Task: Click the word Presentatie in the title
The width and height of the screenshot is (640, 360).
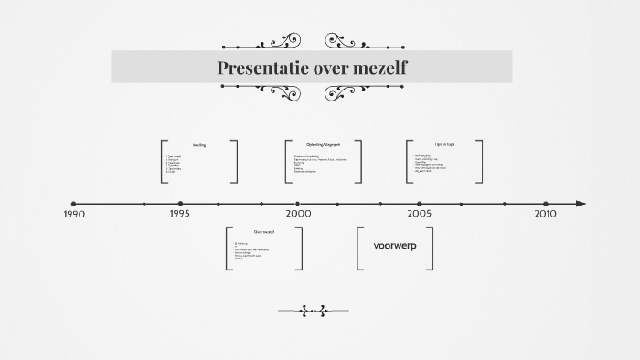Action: pos(259,68)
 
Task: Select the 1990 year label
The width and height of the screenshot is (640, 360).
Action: pos(74,215)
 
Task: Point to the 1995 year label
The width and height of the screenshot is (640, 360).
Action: pos(180,214)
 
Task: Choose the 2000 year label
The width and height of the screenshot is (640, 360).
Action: pos(298,214)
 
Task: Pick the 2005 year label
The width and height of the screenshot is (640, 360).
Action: pos(420,214)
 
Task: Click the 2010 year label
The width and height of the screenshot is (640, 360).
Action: pos(545,214)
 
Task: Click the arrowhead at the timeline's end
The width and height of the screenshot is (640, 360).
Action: pos(581,204)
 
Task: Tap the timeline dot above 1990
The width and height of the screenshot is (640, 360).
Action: pos(74,204)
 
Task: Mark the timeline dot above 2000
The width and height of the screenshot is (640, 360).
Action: pos(298,204)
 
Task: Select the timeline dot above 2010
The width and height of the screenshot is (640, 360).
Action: pos(546,204)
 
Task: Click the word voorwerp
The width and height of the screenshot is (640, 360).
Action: pos(395,246)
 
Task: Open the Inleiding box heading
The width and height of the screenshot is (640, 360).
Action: pos(199,145)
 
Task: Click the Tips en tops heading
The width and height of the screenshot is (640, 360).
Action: pos(444,144)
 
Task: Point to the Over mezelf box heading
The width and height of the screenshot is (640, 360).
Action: pos(264,232)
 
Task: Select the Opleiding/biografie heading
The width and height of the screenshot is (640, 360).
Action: pos(323,144)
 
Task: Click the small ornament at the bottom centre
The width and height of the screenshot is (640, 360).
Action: pos(314,311)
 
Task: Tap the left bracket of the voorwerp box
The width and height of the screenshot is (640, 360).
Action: pos(359,249)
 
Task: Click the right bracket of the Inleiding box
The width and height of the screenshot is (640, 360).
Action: pos(235,162)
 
